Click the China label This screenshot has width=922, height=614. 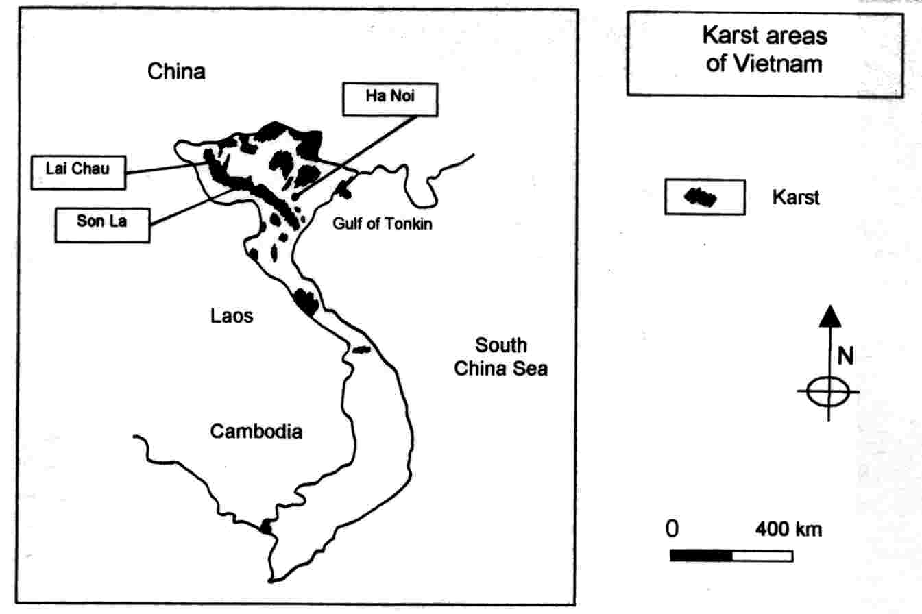(177, 72)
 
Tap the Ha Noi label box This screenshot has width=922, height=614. (388, 99)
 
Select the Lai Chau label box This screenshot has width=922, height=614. (78, 171)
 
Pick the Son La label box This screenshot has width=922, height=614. (101, 222)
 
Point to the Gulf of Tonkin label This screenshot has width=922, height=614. (383, 223)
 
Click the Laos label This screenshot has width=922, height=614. (231, 316)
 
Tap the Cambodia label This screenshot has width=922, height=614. (256, 432)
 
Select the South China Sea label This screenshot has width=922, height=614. (501, 356)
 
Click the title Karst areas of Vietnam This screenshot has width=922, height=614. (764, 51)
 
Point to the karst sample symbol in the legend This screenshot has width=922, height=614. (700, 197)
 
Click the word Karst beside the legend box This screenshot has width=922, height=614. (795, 198)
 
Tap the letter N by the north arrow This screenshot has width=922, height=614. (845, 356)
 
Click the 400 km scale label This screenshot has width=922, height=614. (788, 530)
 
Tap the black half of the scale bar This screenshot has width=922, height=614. (701, 555)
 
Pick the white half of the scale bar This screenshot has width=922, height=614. (762, 555)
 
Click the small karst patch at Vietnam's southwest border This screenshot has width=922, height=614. (266, 526)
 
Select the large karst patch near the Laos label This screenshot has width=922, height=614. (306, 301)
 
